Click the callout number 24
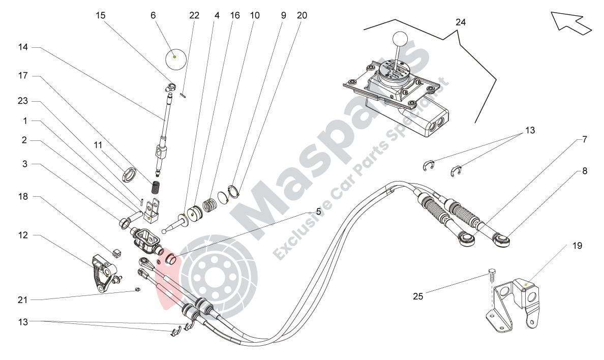click(460, 22)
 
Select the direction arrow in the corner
click(571, 22)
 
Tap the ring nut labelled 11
click(130, 174)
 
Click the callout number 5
click(318, 211)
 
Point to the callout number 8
click(584, 171)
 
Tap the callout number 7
click(584, 139)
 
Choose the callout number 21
click(22, 300)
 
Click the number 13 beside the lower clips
click(23, 321)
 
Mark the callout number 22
click(194, 15)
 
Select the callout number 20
click(302, 15)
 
